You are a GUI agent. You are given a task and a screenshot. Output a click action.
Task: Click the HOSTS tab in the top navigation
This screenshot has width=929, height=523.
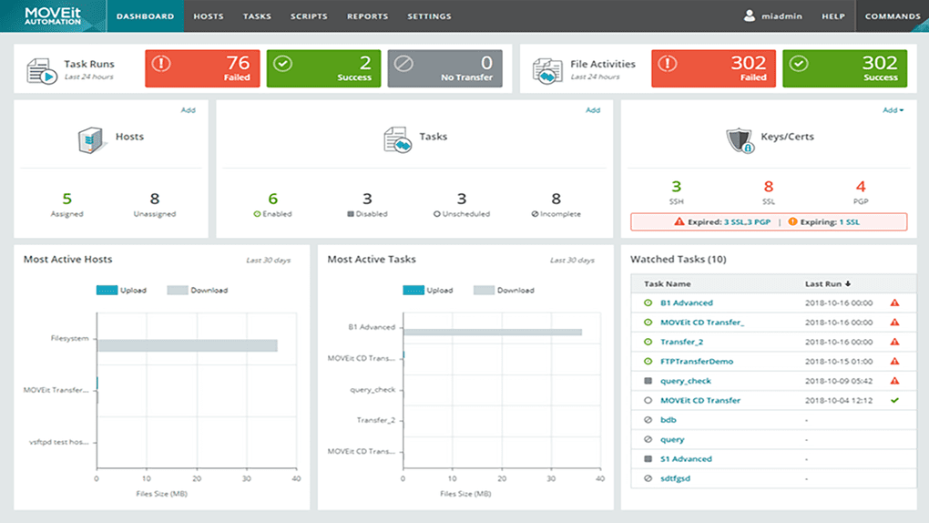208,16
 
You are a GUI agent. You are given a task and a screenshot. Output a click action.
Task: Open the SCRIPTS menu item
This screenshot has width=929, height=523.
309,16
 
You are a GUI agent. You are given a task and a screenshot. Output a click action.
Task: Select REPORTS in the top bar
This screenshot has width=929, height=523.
367,16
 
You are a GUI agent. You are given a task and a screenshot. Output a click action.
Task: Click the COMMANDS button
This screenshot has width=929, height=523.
892,16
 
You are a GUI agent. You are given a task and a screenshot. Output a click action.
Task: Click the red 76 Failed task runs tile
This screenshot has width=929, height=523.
202,68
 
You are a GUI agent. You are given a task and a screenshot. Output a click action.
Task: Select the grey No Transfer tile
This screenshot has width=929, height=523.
444,68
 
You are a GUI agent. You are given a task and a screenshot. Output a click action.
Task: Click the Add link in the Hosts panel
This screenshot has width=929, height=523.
188,110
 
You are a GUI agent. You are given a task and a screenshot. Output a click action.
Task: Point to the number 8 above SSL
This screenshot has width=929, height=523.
769,187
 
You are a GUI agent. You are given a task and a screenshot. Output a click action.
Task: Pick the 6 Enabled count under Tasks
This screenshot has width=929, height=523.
272,199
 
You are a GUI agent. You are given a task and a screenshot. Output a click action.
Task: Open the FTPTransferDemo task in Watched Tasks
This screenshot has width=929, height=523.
697,362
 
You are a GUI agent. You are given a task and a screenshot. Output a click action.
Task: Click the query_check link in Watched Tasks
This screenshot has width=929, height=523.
686,381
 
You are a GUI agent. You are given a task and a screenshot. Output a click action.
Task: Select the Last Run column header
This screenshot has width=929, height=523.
828,283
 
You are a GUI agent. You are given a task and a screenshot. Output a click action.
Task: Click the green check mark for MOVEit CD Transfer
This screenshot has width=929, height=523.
894,400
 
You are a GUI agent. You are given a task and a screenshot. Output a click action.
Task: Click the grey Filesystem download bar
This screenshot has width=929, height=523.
187,345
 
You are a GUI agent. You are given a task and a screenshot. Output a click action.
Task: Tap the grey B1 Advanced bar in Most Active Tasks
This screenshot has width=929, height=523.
492,332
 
